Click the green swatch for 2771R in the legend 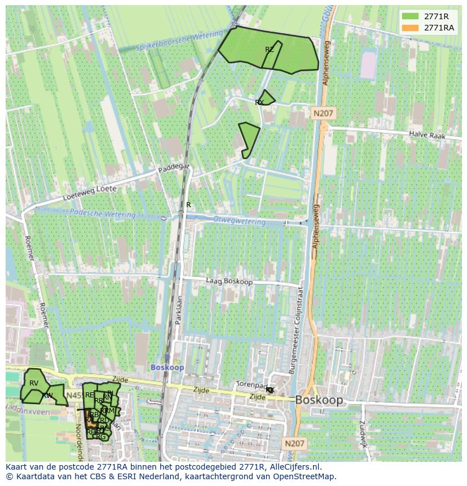410,16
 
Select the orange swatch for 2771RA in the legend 410,28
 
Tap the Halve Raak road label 427,135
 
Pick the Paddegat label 174,168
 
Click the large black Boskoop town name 319,400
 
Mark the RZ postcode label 270,50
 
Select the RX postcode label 259,102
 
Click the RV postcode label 34,383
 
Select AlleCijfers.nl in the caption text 293,467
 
